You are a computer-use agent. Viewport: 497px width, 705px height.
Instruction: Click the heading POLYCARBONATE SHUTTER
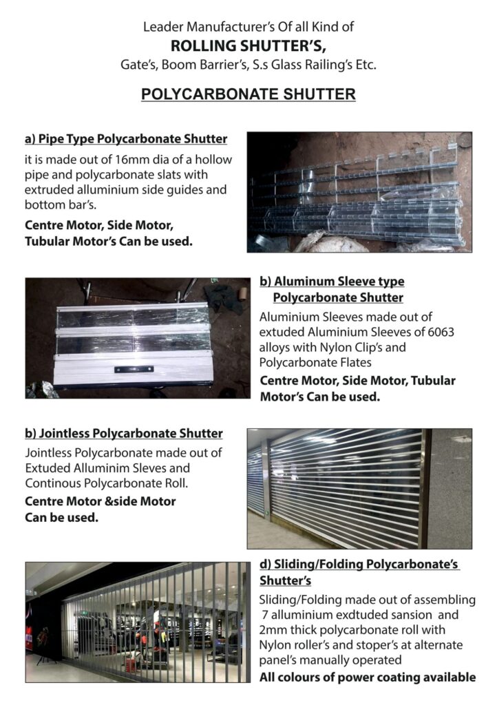pyautogui.click(x=248, y=94)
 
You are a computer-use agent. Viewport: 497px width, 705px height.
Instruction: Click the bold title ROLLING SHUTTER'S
pyautogui.click(x=248, y=46)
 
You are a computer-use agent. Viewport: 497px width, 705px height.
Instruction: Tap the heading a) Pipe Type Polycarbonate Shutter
pyautogui.click(x=126, y=139)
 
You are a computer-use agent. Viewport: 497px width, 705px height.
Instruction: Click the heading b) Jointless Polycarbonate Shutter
pyautogui.click(x=124, y=434)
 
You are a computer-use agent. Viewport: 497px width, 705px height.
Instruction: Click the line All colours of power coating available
pyautogui.click(x=367, y=677)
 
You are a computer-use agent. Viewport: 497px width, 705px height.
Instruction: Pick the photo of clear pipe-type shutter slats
pyautogui.click(x=359, y=192)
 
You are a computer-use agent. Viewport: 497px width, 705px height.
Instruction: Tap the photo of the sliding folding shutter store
pyautogui.click(x=137, y=622)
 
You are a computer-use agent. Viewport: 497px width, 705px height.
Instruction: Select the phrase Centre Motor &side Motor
pyautogui.click(x=101, y=501)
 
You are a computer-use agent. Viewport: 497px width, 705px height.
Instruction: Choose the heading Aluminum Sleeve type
pyautogui.click(x=332, y=282)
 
